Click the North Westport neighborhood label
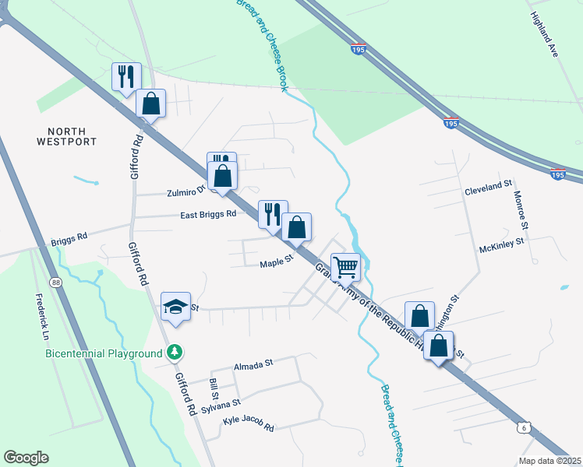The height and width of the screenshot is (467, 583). click(x=66, y=136)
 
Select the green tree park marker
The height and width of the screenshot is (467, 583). click(x=177, y=353)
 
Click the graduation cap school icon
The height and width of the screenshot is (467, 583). click(x=175, y=307)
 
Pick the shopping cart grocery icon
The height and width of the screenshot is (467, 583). click(x=345, y=268)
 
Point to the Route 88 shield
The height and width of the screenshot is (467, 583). click(x=55, y=282)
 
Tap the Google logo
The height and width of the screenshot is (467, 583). click(x=26, y=458)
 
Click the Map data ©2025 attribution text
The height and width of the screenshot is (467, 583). click(x=549, y=461)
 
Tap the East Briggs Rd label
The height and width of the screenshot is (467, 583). click(x=207, y=214)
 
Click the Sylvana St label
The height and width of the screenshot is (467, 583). click(x=221, y=406)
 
